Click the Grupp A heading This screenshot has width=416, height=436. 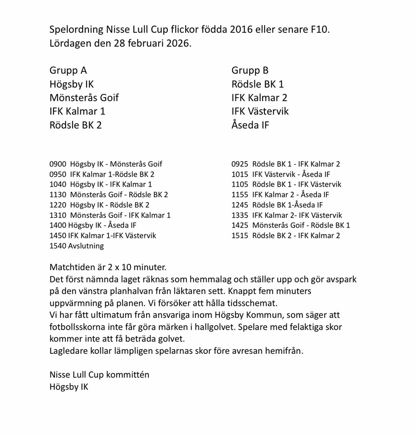coord(68,70)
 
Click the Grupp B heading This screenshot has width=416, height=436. coord(250,70)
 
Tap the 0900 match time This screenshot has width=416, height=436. coord(58,164)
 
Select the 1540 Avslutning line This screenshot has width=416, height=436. coord(77,246)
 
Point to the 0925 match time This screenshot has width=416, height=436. coord(240,164)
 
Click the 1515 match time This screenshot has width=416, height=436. coord(240,236)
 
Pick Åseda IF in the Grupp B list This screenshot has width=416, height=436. coord(250,125)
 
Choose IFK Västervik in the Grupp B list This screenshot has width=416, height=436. coord(260,111)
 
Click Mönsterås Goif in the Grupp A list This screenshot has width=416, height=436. coord(84,98)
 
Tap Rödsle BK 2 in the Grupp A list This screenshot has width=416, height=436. coord(75,125)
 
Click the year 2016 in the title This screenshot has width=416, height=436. coord(242,30)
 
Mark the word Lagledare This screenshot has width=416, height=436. coord(69,351)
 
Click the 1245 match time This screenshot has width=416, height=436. coord(240,205)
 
